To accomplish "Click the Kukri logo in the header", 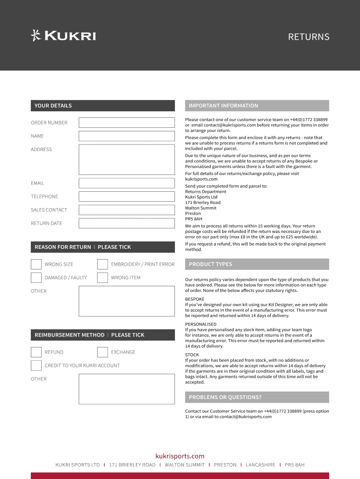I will point(63,36).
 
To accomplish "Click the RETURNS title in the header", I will point(309,37).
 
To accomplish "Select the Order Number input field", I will point(126,123).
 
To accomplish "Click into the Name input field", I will point(126,136).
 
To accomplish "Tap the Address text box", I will point(126,160).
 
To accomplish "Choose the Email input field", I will point(126,183).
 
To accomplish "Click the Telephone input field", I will point(126,196).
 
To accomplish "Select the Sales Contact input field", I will point(126,210).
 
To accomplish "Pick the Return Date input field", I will point(126,224).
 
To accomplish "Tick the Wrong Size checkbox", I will point(36,264).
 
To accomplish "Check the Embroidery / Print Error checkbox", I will point(102,264).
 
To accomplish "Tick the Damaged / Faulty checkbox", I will point(36,278).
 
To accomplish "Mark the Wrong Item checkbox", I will point(102,278).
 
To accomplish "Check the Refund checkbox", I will point(36,352).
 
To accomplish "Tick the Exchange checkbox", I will point(102,352).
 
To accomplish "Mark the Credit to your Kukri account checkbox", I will point(36,365).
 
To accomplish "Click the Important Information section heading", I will point(223,106).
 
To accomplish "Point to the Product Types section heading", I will point(210,264).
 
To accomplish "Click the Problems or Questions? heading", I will point(225,397).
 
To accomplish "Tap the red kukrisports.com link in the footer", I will point(180,456).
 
